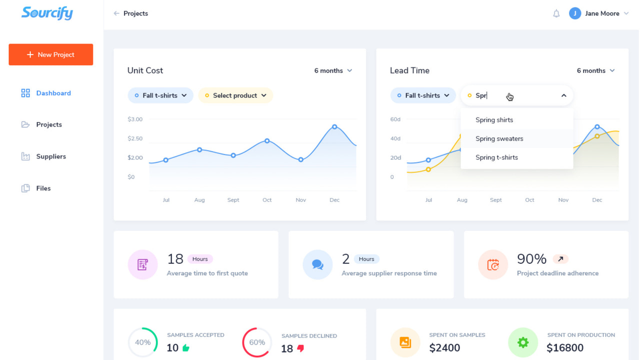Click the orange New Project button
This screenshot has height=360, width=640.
point(50,54)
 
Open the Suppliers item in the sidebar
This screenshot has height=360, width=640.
point(50,156)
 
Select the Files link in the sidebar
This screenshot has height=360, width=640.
point(43,188)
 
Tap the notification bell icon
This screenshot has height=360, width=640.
point(556,13)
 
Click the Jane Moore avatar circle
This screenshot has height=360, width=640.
point(574,13)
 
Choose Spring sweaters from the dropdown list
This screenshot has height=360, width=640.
point(499,138)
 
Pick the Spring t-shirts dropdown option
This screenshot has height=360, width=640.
point(496,157)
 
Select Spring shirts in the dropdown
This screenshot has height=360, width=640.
point(494,120)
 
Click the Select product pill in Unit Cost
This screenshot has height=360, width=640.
point(235,95)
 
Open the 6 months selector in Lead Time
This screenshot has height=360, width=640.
point(595,70)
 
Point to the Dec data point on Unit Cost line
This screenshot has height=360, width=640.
point(334,127)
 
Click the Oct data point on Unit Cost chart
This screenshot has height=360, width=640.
point(267,141)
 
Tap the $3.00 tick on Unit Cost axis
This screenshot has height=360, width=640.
point(135,119)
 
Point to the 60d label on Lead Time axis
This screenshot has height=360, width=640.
point(395,119)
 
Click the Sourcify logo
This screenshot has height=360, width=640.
point(47,13)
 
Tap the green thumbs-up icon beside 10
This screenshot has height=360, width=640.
point(186,348)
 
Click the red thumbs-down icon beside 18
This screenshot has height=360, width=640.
point(300,348)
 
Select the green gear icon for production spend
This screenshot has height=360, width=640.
point(522,342)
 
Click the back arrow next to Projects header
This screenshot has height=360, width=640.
point(116,13)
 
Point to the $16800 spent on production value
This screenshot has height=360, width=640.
point(565,348)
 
